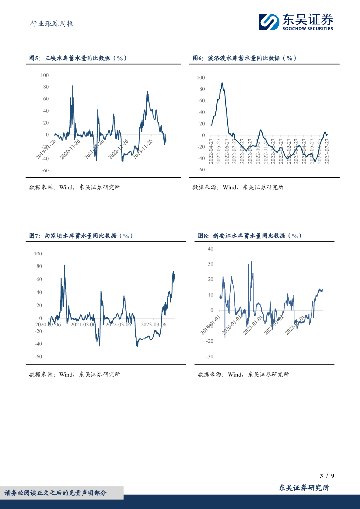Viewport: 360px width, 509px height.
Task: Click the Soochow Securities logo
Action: pyautogui.click(x=295, y=22)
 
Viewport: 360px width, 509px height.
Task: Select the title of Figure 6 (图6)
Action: pyautogui.click(x=245, y=58)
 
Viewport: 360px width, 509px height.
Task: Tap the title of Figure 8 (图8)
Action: pyautogui.click(x=250, y=235)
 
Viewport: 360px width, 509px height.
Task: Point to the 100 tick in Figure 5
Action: pyautogui.click(x=45, y=75)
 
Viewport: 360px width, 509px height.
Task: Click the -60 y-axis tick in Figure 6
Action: pyautogui.click(x=201, y=170)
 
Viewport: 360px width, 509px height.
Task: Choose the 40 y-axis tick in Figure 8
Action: pyautogui.click(x=210, y=248)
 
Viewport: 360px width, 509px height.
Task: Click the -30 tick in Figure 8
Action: pyautogui.click(x=210, y=357)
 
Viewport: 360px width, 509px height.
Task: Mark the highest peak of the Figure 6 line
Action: pyautogui.click(x=222, y=83)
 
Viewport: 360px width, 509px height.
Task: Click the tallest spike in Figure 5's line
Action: pyautogui.click(x=73, y=86)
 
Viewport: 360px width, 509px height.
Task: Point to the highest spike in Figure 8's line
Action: pyautogui.click(x=251, y=262)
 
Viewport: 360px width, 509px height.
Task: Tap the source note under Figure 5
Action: pyautogui.click(x=74, y=187)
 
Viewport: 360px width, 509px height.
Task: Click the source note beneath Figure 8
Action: pyautogui.click(x=243, y=374)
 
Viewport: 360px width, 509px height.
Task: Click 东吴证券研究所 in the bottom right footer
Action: pyautogui.click(x=304, y=488)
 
